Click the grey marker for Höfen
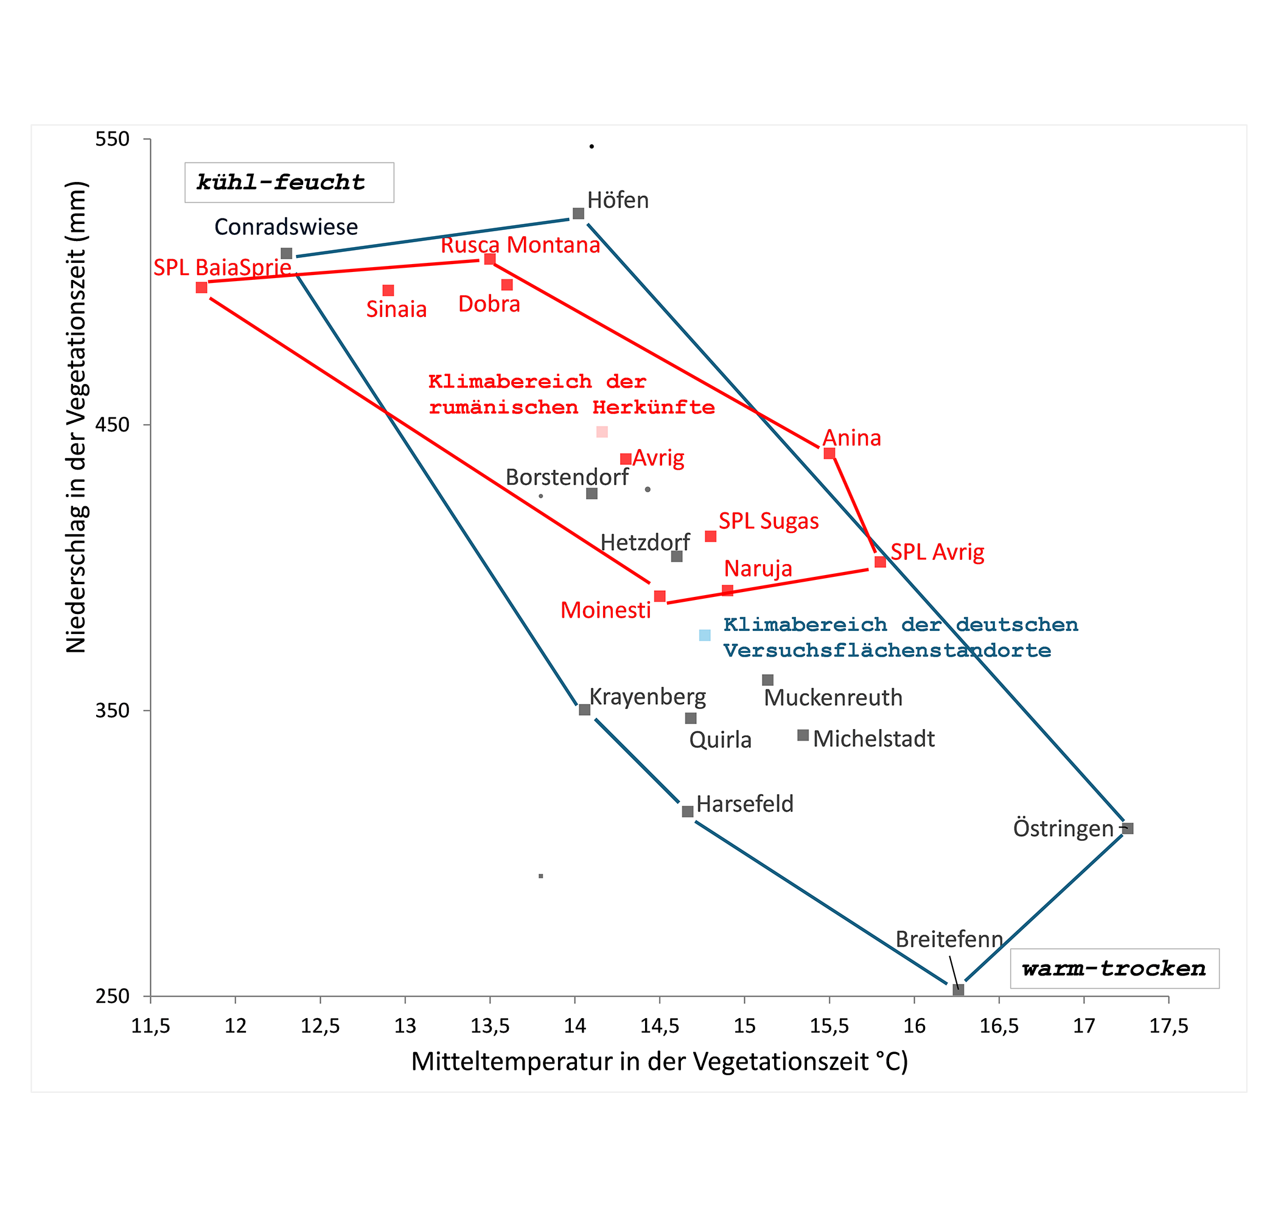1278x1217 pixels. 578,214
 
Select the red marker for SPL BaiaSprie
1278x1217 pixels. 202,287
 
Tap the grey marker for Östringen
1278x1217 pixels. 1128,828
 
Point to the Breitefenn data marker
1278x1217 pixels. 958,990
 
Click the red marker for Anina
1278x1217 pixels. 829,453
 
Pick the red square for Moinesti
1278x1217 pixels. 660,596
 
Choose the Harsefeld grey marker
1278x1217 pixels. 688,812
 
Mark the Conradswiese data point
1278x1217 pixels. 286,253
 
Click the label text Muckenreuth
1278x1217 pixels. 833,698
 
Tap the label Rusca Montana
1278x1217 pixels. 520,245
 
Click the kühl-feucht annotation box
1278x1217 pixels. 289,183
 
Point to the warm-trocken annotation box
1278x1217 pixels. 1114,969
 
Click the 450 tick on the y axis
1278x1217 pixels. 113,425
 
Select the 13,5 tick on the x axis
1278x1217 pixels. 490,1026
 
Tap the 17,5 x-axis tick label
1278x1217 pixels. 1168,1026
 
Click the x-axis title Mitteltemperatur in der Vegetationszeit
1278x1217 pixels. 659,1062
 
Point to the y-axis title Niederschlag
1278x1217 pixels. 77,417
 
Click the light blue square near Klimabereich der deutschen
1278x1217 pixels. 705,635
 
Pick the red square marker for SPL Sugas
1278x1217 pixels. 710,537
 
